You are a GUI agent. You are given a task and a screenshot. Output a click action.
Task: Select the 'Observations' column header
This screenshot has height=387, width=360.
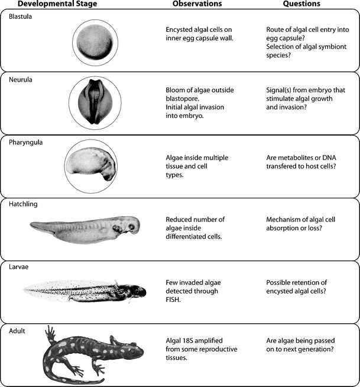point(197,4)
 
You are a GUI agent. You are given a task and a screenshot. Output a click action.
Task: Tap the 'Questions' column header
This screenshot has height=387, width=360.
point(301,4)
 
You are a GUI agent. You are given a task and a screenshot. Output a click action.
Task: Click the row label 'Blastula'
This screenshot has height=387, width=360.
point(21,16)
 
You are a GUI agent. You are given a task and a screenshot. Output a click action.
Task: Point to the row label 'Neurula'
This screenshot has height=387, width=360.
point(21,79)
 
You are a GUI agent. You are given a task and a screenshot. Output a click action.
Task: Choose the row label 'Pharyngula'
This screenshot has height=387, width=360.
point(27,142)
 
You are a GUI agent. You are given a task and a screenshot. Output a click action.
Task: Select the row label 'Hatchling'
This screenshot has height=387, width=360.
point(24,204)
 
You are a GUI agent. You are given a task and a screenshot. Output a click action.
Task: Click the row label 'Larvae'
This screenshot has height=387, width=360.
point(20,266)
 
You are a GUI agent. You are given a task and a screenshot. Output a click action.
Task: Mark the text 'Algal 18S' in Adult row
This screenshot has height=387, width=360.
point(183,340)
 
